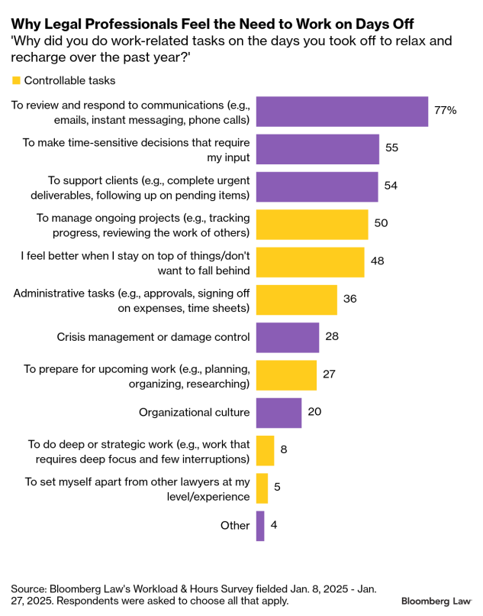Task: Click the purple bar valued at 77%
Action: pyautogui.click(x=342, y=111)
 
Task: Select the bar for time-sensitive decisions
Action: pyautogui.click(x=317, y=149)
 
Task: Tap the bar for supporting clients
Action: pyautogui.click(x=317, y=186)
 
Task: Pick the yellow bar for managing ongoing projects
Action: pyautogui.click(x=312, y=225)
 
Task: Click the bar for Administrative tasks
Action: pyautogui.click(x=296, y=300)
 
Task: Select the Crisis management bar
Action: pyautogui.click(x=288, y=337)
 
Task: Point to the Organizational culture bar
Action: pyautogui.click(x=279, y=413)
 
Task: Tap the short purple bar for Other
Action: pyautogui.click(x=260, y=526)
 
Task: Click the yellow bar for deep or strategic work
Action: pyautogui.click(x=265, y=450)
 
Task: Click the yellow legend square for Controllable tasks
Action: pyautogui.click(x=16, y=80)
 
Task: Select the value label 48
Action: pyautogui.click(x=377, y=261)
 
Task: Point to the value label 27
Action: pyautogui.click(x=330, y=374)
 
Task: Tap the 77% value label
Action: pyautogui.click(x=445, y=111)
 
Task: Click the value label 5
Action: pyautogui.click(x=278, y=488)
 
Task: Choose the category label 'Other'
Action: pyautogui.click(x=235, y=526)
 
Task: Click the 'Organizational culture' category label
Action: pyautogui.click(x=194, y=413)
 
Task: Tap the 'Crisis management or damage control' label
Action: pyautogui.click(x=153, y=337)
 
